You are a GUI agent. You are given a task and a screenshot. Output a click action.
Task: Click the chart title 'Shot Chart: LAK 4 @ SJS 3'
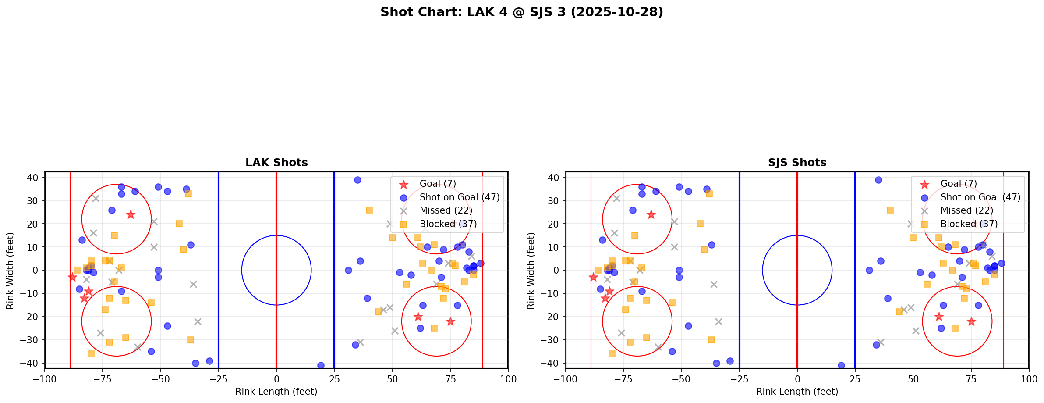[x=521, y=12]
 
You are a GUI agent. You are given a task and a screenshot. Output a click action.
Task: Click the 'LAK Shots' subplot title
[x=276, y=163]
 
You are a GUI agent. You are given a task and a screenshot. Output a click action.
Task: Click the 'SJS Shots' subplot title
[x=797, y=163]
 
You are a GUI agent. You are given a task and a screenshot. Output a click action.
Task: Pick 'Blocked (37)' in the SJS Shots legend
[x=969, y=224]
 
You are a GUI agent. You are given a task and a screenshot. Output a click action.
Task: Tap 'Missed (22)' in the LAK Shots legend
[x=446, y=210]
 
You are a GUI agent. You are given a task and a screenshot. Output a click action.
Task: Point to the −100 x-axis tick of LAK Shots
[x=45, y=379]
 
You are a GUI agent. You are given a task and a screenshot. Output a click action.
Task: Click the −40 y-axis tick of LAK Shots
[x=33, y=363]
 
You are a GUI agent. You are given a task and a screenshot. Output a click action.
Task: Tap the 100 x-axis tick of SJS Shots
[x=1028, y=379]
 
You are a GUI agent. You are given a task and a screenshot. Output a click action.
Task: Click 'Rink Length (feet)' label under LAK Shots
[x=276, y=392]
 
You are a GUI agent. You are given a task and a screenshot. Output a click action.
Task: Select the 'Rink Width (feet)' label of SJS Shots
[x=531, y=271]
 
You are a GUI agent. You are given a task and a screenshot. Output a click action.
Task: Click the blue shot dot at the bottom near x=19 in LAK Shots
[x=321, y=365]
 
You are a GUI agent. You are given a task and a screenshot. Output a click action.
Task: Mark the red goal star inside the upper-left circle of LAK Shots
[x=131, y=214]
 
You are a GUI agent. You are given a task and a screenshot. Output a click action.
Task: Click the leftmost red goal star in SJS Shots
[x=593, y=277]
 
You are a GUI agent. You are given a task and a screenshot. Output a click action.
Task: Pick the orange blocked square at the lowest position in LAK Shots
[x=91, y=354]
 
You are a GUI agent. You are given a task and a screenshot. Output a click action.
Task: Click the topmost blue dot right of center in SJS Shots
[x=878, y=180]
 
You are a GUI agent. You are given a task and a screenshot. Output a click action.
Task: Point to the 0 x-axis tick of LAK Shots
[x=276, y=379]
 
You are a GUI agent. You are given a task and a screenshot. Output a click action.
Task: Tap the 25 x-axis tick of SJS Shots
[x=855, y=379]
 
